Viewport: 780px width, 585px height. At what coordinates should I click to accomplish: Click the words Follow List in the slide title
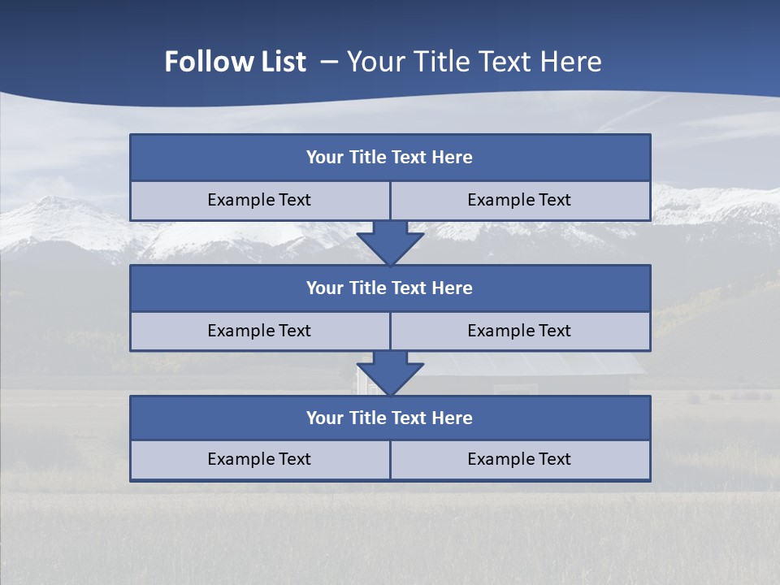click(235, 62)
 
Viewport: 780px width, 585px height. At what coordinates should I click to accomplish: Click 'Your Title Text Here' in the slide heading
click(474, 62)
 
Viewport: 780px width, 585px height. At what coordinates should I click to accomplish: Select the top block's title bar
click(390, 158)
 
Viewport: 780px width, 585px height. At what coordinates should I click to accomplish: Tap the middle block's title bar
click(390, 288)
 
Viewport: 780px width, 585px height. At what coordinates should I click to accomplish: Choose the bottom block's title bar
click(390, 418)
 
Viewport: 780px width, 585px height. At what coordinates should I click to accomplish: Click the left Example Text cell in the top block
click(259, 201)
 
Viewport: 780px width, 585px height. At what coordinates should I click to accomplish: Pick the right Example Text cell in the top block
click(519, 201)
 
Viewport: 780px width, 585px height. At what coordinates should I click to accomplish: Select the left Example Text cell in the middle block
click(259, 331)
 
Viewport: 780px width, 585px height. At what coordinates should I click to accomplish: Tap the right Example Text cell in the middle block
click(519, 331)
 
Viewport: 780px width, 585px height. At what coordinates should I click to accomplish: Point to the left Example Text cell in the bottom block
click(259, 460)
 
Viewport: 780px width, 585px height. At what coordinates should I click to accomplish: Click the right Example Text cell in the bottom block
click(519, 460)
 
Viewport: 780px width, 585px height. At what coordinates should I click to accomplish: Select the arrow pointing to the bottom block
click(390, 373)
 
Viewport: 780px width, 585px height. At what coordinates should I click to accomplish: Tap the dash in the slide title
click(329, 62)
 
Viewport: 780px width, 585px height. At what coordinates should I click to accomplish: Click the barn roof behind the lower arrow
click(528, 363)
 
